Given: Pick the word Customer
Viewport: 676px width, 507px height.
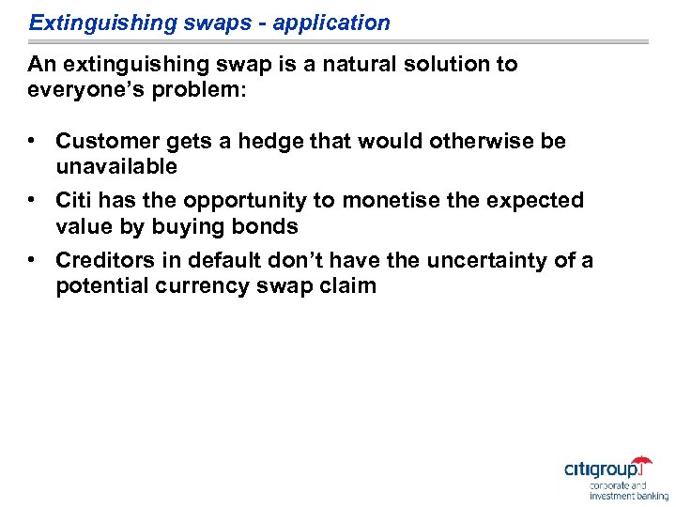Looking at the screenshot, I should coord(106,141).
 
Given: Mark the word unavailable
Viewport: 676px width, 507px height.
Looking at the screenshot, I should coord(116,166).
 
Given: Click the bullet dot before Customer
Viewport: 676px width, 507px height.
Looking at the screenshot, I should coord(32,141).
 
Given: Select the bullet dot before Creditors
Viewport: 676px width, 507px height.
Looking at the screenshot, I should coord(32,260).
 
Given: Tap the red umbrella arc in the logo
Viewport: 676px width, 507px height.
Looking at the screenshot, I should coord(642,460).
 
